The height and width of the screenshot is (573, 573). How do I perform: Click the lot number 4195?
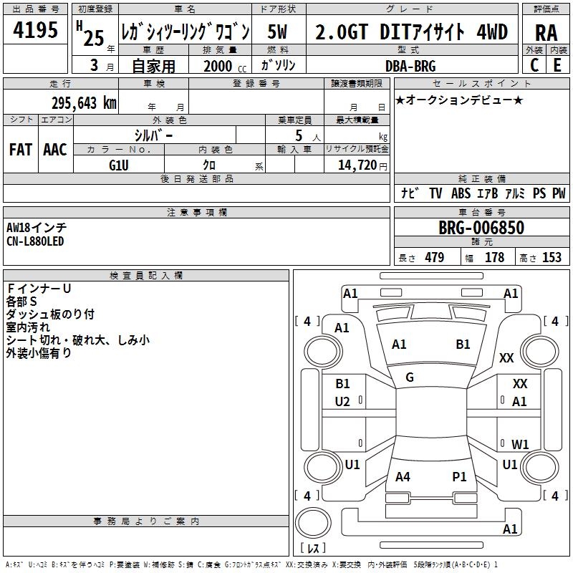(35, 29)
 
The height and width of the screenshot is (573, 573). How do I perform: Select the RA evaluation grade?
(546, 33)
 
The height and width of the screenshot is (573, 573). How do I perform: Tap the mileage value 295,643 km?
(84, 103)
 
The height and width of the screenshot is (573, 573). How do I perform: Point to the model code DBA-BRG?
(410, 66)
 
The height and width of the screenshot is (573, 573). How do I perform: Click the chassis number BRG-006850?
(481, 228)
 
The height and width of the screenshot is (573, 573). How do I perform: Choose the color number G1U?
(119, 165)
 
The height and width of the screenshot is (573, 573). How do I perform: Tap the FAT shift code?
(21, 150)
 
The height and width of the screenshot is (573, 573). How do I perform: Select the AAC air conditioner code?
(55, 150)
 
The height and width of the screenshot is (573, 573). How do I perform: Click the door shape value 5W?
(277, 32)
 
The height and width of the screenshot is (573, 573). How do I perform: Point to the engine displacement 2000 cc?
(225, 66)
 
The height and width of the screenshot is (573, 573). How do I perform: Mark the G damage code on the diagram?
(410, 377)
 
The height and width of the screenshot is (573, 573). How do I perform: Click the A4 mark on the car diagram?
(403, 476)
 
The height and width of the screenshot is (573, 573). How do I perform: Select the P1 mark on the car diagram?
(459, 476)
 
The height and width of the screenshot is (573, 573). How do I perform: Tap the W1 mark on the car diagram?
(520, 444)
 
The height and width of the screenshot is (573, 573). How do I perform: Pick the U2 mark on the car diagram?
(342, 402)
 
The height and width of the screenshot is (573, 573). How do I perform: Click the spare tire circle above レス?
(313, 522)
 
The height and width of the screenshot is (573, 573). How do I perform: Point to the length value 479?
(435, 257)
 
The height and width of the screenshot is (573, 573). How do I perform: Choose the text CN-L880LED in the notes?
(35, 241)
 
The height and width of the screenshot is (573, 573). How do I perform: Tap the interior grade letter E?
(557, 65)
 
